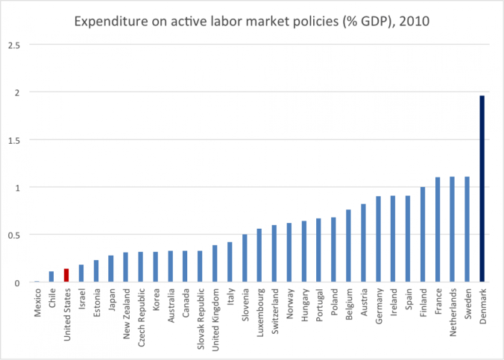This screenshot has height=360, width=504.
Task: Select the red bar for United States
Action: point(66,275)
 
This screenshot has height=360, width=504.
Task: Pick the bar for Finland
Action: point(423,235)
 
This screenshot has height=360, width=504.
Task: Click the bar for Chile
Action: point(51,277)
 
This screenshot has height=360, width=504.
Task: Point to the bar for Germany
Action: point(378,239)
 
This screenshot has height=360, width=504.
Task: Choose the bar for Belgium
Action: point(348,246)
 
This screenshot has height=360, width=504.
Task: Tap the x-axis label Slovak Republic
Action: point(201,316)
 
